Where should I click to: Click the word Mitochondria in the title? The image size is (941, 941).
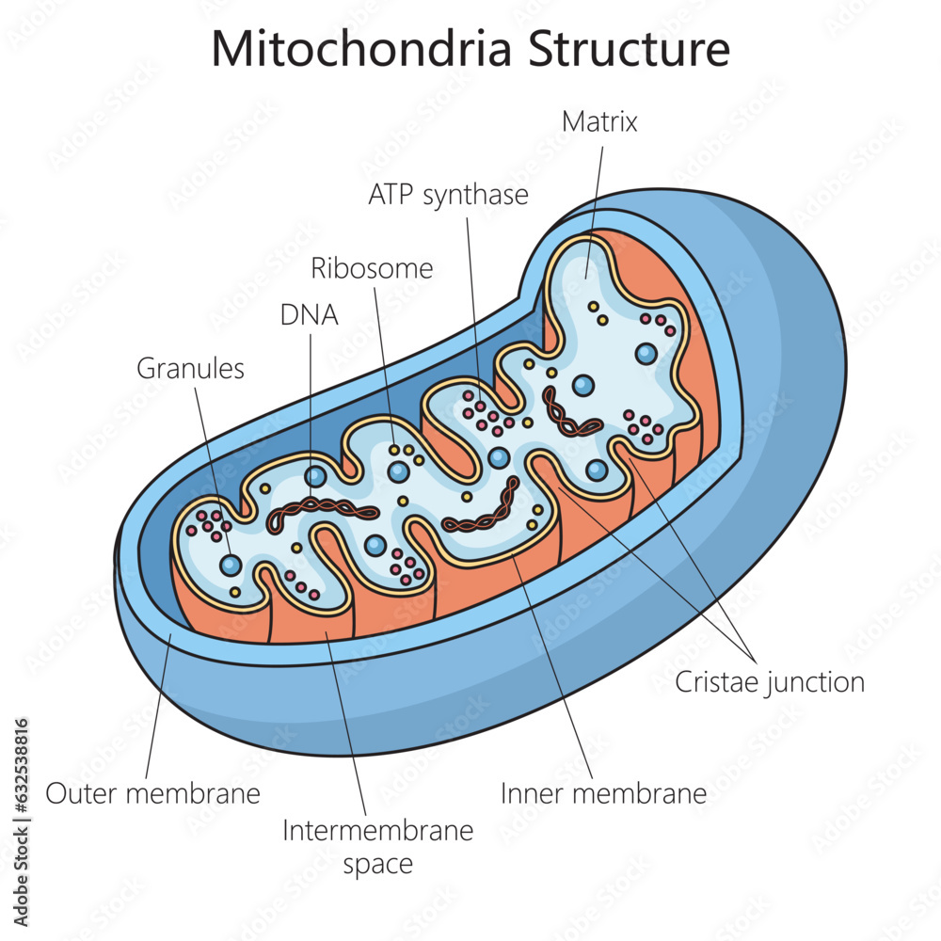[361, 49]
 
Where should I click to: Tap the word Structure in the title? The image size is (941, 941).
[628, 49]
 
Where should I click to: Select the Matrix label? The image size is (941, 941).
[599, 121]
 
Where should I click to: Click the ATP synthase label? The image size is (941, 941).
[448, 195]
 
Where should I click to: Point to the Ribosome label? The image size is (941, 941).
[372, 268]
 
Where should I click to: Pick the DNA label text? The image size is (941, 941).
[309, 315]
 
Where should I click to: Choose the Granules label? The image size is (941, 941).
[190, 368]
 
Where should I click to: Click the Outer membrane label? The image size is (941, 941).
[152, 793]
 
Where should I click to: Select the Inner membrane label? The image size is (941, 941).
[603, 793]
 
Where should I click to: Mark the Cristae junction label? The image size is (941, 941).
[770, 682]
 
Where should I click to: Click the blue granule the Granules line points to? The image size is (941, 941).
[231, 566]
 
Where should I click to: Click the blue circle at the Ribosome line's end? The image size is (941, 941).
[400, 470]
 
